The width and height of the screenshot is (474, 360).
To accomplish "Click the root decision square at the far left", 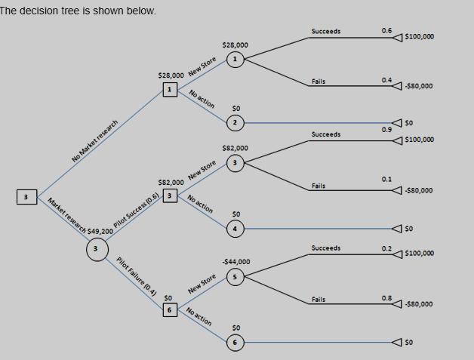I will [x=26, y=197].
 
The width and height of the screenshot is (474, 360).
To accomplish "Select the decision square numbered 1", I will [x=170, y=89].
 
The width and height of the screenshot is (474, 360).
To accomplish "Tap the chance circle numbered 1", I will [x=235, y=59].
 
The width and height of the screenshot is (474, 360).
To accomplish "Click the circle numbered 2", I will [x=235, y=122].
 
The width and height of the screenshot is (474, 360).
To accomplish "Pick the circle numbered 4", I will [x=235, y=228].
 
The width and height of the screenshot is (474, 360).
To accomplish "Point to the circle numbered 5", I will [x=235, y=277].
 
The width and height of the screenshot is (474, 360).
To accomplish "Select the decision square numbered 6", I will [x=171, y=310].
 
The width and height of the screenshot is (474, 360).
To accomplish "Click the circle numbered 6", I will [x=235, y=342].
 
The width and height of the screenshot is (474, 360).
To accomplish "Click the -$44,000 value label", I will [x=235, y=261].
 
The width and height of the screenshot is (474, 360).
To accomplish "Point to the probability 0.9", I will [x=386, y=130].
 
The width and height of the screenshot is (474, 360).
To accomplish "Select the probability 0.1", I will [x=386, y=179].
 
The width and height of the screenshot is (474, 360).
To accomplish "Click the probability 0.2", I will [x=386, y=248].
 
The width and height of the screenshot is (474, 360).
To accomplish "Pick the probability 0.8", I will [x=386, y=298].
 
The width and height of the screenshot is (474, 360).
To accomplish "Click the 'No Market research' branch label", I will [x=95, y=141].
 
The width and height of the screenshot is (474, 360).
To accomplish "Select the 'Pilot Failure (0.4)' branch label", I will [x=137, y=276].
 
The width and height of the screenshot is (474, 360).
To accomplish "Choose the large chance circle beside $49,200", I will [x=95, y=248].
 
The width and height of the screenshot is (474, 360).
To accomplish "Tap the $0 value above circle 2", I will [x=235, y=108].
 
